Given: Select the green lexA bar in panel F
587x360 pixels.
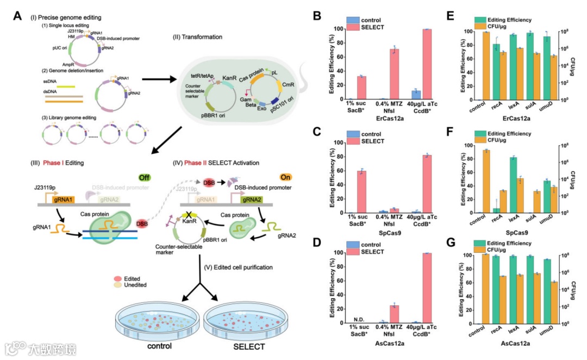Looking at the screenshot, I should click(x=513, y=185).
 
